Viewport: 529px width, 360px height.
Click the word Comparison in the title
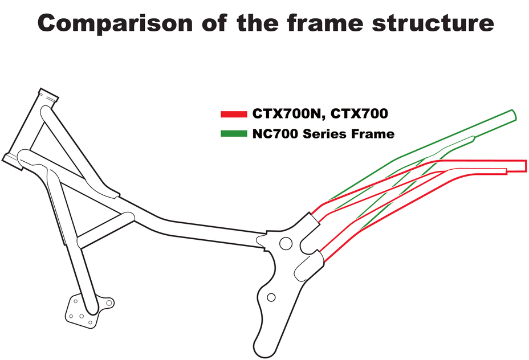[x=115, y=23]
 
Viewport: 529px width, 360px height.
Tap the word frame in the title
[x=325, y=22]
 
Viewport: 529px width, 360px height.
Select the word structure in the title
[x=433, y=23]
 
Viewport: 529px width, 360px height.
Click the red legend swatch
[x=234, y=114]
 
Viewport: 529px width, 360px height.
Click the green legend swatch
[x=234, y=134]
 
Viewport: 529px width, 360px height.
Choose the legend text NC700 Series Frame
[x=324, y=134]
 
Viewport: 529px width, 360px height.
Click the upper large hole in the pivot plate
[x=286, y=243]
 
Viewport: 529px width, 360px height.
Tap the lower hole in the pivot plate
[x=271, y=297]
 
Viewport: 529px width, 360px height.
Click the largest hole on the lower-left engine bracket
[x=109, y=302]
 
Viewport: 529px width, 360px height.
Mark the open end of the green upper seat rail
[x=514, y=115]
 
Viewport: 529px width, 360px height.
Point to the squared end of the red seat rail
[x=525, y=166]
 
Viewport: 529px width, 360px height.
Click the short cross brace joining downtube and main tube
[x=105, y=230]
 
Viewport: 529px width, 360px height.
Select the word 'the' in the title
[x=258, y=23]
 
